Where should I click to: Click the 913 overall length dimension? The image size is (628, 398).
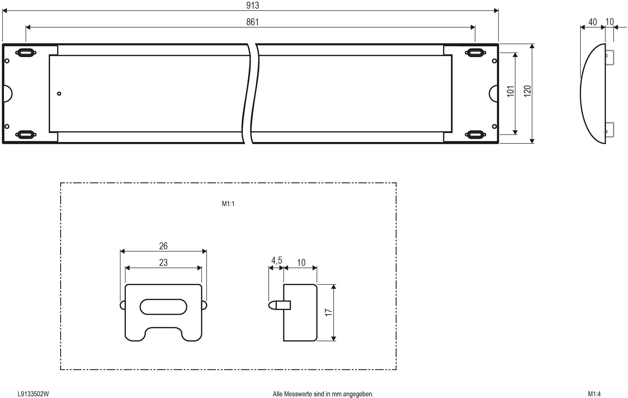tap(252, 6)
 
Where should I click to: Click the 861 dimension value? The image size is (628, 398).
tap(252, 22)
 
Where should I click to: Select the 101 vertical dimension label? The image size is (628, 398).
tap(510, 91)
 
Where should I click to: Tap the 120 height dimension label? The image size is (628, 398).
tap(527, 91)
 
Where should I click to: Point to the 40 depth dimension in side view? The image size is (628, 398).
tap(592, 22)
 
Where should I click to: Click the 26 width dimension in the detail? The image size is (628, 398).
tap(163, 246)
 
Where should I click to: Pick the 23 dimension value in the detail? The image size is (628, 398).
tap(163, 263)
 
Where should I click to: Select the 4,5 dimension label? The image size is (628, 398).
tap(277, 261)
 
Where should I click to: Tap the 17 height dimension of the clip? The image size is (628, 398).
tap(328, 312)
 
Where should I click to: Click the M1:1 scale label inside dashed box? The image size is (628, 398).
tap(228, 204)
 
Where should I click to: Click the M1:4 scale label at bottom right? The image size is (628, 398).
tap(594, 394)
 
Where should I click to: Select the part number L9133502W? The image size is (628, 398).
tap(33, 394)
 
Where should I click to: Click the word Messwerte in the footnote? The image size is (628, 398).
tap(299, 394)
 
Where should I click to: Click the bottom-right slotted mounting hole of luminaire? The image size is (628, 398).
tap(475, 134)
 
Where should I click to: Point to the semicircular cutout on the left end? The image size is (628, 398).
tap(8, 94)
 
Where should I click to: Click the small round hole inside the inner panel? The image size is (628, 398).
tap(59, 94)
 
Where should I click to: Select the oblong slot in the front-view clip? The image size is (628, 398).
tap(163, 307)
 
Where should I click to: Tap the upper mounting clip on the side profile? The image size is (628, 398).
tap(609, 58)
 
